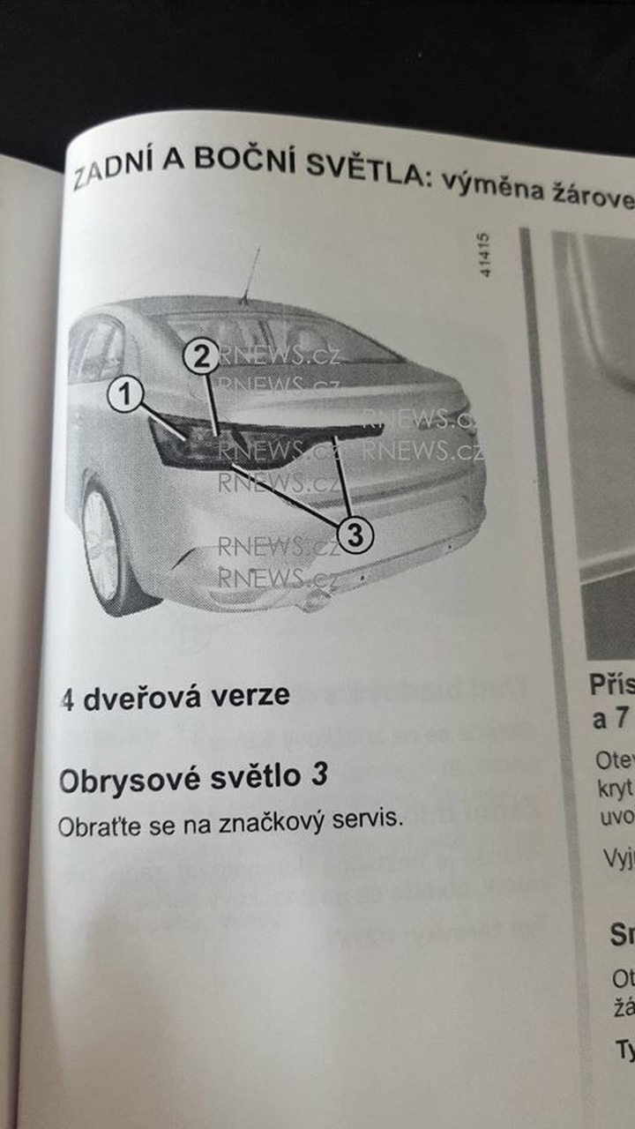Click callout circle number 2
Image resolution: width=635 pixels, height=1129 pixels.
click(x=202, y=356)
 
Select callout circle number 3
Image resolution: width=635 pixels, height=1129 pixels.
click(x=355, y=533)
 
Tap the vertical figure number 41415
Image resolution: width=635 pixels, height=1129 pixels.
click(x=486, y=255)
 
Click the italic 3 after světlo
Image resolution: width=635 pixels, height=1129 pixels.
click(x=321, y=776)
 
